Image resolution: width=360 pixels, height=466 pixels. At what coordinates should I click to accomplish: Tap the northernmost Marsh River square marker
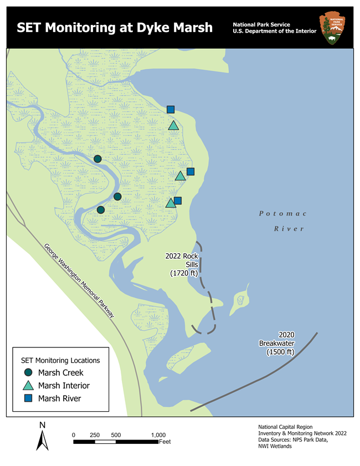[171, 109]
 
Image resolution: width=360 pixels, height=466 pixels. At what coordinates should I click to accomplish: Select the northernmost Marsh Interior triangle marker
[173, 126]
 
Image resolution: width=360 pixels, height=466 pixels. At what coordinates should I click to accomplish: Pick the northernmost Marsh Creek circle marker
[97, 159]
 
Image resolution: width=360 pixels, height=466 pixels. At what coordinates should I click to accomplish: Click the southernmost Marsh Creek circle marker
[101, 210]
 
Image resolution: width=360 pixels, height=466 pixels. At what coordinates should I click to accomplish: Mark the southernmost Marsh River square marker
[178, 201]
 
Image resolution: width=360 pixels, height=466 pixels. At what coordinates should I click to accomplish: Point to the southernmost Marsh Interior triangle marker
[171, 203]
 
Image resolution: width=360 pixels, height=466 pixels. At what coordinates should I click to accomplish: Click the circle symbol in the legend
[28, 373]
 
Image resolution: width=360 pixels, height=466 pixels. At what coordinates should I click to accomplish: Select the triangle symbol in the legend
[28, 386]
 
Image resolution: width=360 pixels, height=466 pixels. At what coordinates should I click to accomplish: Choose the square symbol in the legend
[28, 398]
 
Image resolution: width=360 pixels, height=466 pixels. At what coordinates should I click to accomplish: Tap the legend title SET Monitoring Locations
[60, 360]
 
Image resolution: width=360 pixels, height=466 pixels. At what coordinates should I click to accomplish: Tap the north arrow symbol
[43, 438]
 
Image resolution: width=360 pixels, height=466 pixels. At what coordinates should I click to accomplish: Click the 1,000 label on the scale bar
[158, 435]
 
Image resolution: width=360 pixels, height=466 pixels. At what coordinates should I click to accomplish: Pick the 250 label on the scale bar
[95, 435]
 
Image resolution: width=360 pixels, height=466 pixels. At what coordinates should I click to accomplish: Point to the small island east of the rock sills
[240, 300]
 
